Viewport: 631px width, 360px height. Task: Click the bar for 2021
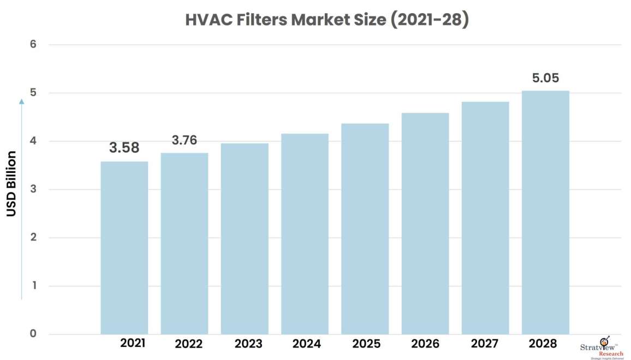(x=124, y=248)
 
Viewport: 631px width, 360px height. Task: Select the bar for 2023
(x=245, y=239)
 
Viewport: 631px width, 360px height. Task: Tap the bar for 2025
(x=365, y=229)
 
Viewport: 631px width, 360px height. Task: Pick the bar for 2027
(x=485, y=218)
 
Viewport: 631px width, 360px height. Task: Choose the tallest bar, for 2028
(x=545, y=212)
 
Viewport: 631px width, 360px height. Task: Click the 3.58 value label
(x=124, y=148)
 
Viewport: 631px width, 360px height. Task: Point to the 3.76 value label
(x=184, y=140)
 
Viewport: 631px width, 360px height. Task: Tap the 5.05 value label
(x=545, y=78)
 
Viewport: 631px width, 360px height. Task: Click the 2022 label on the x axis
(x=188, y=344)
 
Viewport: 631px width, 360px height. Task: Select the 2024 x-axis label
(x=306, y=344)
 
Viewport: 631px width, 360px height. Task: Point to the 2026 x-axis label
(x=425, y=344)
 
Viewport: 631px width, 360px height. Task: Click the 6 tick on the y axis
(x=33, y=44)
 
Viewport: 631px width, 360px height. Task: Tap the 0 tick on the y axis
(x=33, y=334)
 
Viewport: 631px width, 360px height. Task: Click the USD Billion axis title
(x=11, y=184)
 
